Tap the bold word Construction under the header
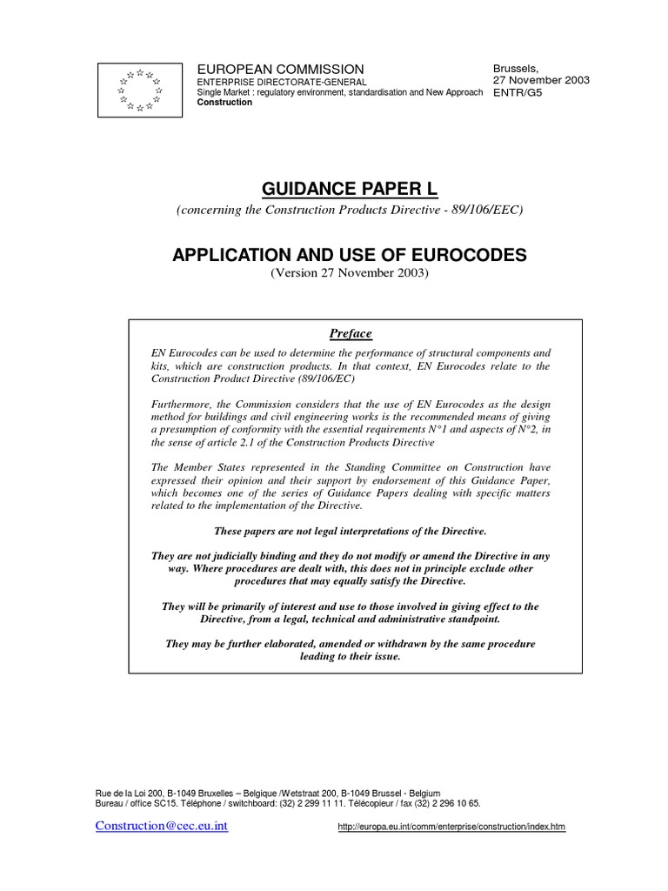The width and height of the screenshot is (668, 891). (x=225, y=103)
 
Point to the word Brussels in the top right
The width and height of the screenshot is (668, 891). (x=516, y=67)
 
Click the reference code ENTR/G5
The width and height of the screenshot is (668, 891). (x=519, y=92)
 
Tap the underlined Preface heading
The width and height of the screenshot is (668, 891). (x=350, y=333)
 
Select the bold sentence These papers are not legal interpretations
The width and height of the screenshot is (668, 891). (x=349, y=531)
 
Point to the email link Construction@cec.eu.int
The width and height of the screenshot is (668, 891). (x=161, y=826)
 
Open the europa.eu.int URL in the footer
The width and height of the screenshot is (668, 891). (x=451, y=827)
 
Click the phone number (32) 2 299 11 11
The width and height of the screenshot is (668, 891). (x=329, y=805)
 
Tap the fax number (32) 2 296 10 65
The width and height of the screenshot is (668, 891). (x=444, y=805)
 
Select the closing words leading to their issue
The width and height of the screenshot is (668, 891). (x=350, y=656)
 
